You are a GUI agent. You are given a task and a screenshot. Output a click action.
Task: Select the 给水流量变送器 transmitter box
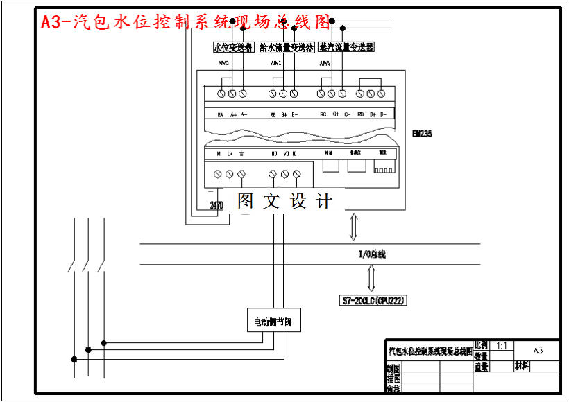tap(287, 47)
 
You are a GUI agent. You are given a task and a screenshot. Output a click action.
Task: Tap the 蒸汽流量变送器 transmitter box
tap(346, 47)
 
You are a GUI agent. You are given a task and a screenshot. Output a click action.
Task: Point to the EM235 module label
tap(422, 134)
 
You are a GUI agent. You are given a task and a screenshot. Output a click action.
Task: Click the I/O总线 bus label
tap(372, 254)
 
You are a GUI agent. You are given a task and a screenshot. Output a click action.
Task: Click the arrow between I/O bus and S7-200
tap(372, 279)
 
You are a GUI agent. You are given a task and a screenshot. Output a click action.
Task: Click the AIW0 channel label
tap(224, 64)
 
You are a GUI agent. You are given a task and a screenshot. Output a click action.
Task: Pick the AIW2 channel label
tap(275, 64)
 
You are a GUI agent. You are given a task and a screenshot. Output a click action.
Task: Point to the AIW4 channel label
tap(325, 64)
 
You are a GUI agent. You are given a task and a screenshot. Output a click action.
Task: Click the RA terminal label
tap(220, 115)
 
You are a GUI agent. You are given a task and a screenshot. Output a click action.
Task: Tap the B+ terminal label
tap(284, 115)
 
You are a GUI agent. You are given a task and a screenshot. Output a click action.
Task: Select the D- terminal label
tap(383, 115)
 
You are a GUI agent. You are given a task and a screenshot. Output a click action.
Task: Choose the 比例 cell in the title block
tap(482, 345)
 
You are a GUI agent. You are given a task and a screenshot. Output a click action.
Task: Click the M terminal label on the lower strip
tap(219, 153)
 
